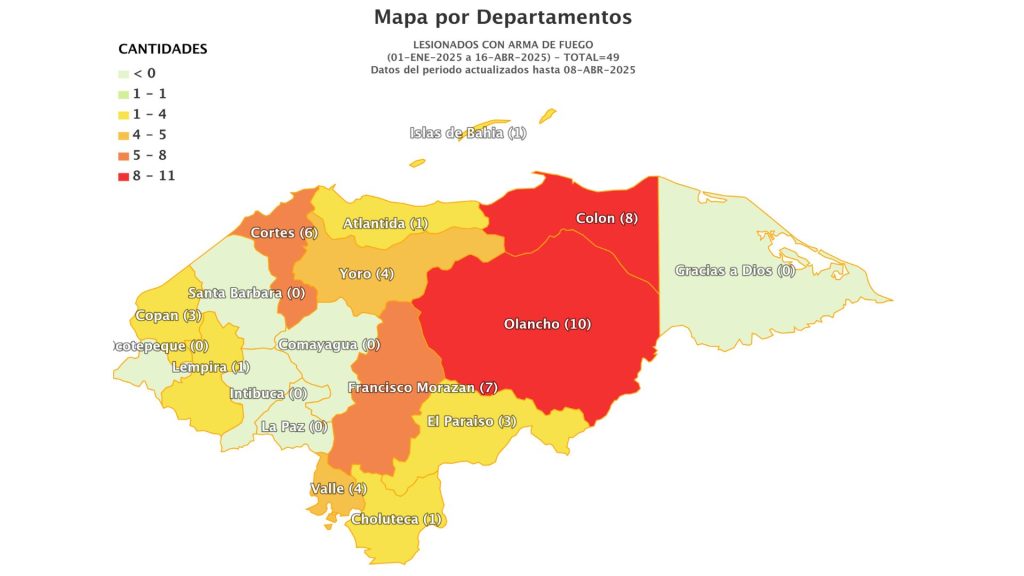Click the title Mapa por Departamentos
(x=503, y=17)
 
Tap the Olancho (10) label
(x=547, y=324)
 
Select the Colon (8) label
(x=606, y=218)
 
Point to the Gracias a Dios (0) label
(x=734, y=270)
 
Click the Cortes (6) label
(x=284, y=233)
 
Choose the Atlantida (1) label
(x=385, y=223)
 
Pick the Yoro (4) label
(x=366, y=273)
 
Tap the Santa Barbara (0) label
(x=246, y=293)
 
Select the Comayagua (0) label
(x=329, y=345)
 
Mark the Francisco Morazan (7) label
(x=422, y=387)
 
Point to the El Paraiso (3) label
(x=471, y=421)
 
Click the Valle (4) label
(x=338, y=488)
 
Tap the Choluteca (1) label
(x=396, y=519)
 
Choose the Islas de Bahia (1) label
(x=467, y=133)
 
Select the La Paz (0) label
(x=293, y=426)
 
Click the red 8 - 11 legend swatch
(x=123, y=177)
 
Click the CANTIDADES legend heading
(x=163, y=48)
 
